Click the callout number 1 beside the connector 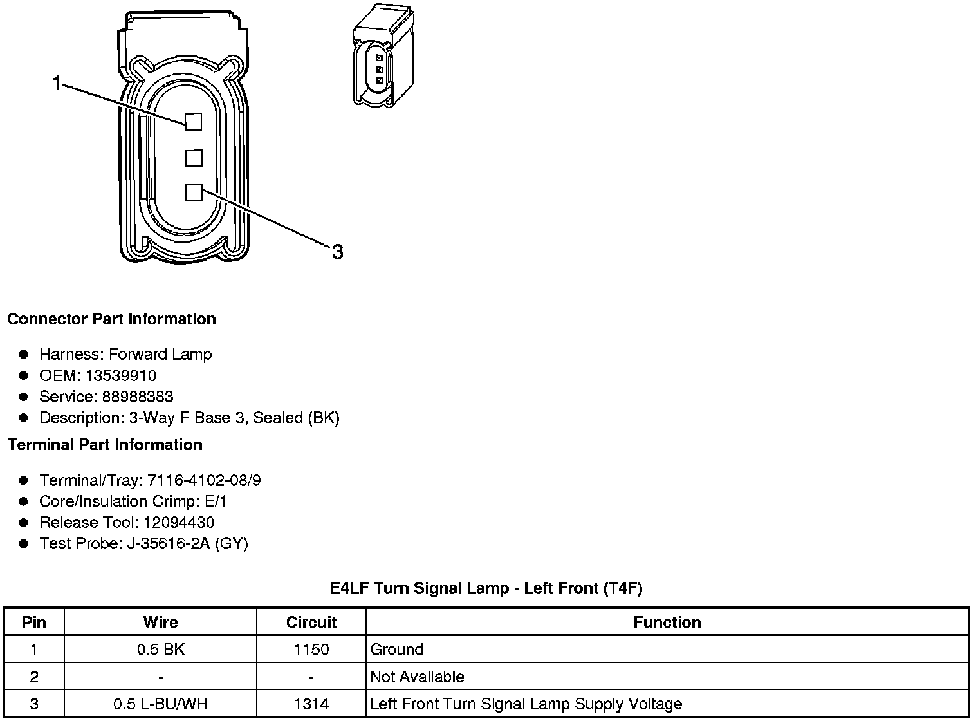pyautogui.click(x=57, y=83)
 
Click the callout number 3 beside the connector pyautogui.click(x=337, y=252)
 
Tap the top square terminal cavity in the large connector pyautogui.click(x=194, y=122)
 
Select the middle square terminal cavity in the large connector pyautogui.click(x=194, y=158)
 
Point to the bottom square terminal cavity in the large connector pyautogui.click(x=194, y=192)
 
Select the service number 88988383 pyautogui.click(x=138, y=397)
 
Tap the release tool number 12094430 pyautogui.click(x=179, y=522)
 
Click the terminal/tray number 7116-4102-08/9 pyautogui.click(x=204, y=480)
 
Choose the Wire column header pyautogui.click(x=160, y=622)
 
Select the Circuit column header pyautogui.click(x=311, y=622)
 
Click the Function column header pyautogui.click(x=667, y=622)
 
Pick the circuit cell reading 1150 pyautogui.click(x=311, y=649)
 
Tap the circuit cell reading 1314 pyautogui.click(x=311, y=704)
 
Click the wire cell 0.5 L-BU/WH pyautogui.click(x=160, y=704)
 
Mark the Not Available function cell pyautogui.click(x=417, y=677)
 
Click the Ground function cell pyautogui.click(x=396, y=649)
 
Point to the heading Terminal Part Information pyautogui.click(x=105, y=445)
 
